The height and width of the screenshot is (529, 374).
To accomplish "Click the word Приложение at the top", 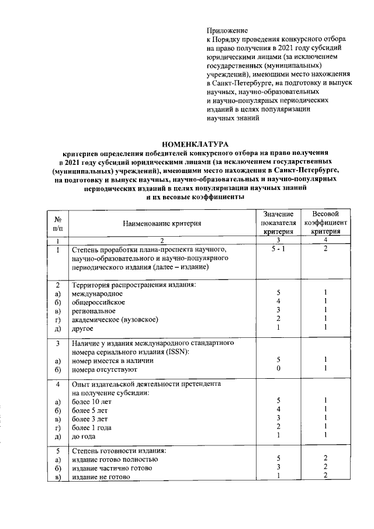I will [x=227, y=30].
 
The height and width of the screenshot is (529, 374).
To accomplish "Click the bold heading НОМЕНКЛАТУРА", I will [x=195, y=143].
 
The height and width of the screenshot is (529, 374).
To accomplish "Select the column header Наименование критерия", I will [x=162, y=223].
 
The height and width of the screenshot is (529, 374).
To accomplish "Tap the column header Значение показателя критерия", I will [x=279, y=223].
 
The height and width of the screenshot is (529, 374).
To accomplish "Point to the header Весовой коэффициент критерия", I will [x=326, y=223].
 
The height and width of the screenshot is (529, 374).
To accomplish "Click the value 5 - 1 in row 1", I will [x=279, y=249].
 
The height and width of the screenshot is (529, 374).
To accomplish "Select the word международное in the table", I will [x=97, y=293].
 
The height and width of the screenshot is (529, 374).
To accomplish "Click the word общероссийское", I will [x=99, y=302].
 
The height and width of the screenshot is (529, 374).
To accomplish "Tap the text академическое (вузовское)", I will [x=115, y=319].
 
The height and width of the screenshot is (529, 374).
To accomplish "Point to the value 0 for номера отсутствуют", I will [x=279, y=369].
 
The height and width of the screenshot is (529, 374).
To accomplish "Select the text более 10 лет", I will [x=91, y=401].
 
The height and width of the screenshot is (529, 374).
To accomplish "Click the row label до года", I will [x=85, y=436].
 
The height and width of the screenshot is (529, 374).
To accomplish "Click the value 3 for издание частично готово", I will [x=279, y=468].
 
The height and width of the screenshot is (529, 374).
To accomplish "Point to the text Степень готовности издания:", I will [x=119, y=451].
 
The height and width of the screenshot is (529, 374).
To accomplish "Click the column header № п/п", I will [x=58, y=223].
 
